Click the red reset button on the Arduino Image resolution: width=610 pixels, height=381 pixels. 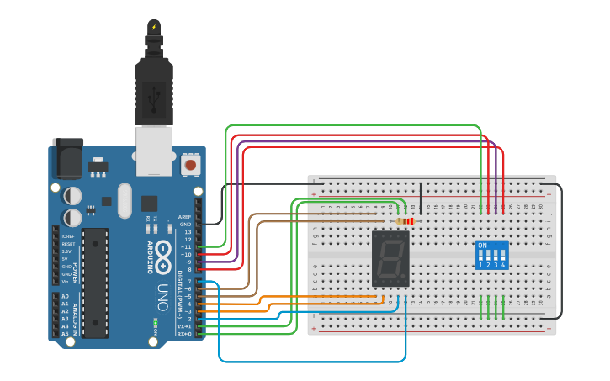coord(192,165)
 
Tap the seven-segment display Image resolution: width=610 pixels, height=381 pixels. coord(390,260)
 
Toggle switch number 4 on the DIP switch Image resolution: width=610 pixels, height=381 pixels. coord(503,255)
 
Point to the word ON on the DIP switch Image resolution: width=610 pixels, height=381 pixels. coord(482,246)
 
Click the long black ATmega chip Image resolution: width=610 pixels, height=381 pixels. coord(95,283)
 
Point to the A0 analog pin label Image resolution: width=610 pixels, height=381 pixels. coord(65,297)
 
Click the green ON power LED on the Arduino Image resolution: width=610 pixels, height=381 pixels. coord(156,323)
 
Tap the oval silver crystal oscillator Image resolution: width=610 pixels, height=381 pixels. coord(125,200)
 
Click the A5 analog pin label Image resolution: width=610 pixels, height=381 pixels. coord(65,334)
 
